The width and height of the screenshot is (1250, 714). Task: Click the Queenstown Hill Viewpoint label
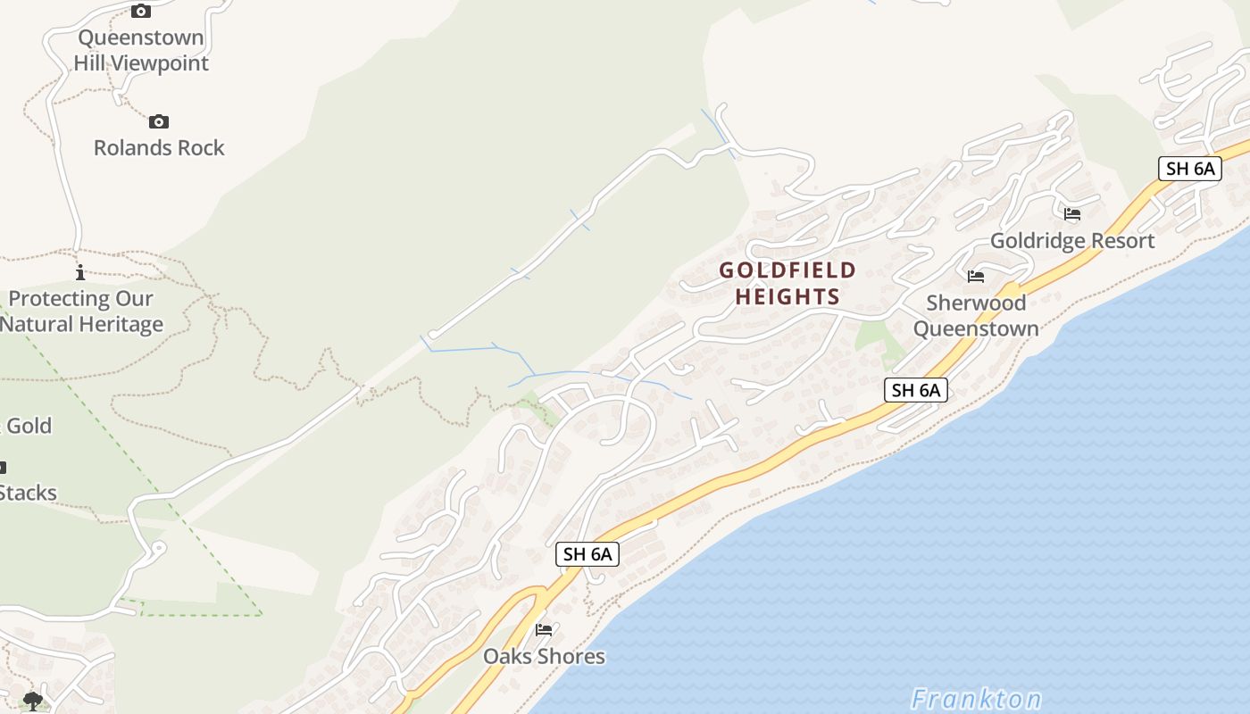pyautogui.click(x=141, y=50)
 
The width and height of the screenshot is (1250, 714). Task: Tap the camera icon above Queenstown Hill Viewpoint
pyautogui.click(x=140, y=12)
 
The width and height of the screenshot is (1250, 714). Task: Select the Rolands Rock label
pyautogui.click(x=159, y=147)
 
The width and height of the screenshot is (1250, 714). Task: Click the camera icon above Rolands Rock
pyautogui.click(x=159, y=121)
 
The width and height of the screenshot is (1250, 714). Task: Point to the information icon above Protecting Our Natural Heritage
pyautogui.click(x=80, y=272)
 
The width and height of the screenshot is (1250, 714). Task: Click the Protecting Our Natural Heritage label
pyautogui.click(x=80, y=311)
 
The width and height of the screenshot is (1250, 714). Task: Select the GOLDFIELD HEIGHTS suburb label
pyautogui.click(x=787, y=283)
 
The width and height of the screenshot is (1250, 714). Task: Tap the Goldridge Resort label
pyautogui.click(x=1072, y=241)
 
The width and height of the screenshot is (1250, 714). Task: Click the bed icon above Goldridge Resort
pyautogui.click(x=1072, y=214)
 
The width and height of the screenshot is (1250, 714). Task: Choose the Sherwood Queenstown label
pyautogui.click(x=976, y=316)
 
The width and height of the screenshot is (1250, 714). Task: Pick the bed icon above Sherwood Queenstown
pyautogui.click(x=976, y=277)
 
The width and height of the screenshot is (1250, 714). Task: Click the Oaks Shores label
pyautogui.click(x=544, y=657)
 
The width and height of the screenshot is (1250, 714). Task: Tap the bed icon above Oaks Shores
pyautogui.click(x=544, y=630)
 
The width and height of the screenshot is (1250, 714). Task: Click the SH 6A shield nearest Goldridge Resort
pyautogui.click(x=1190, y=169)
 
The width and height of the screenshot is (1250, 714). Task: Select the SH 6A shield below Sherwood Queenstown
pyautogui.click(x=916, y=390)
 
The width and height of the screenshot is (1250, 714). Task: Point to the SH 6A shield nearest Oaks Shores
pyautogui.click(x=587, y=554)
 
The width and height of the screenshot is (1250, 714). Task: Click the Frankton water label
pyautogui.click(x=976, y=698)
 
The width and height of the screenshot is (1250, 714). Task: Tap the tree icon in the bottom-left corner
pyautogui.click(x=33, y=701)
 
